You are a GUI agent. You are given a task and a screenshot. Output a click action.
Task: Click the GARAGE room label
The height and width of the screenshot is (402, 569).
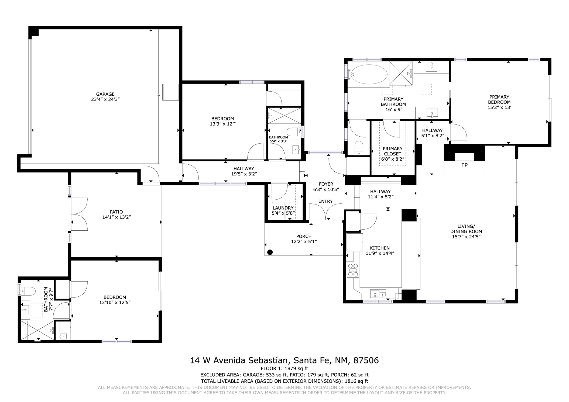pos(105,94)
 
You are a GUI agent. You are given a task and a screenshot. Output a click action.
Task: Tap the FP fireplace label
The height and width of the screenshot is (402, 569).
pos(464,165)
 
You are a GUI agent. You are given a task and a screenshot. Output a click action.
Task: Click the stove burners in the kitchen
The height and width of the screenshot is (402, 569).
pos(353,270)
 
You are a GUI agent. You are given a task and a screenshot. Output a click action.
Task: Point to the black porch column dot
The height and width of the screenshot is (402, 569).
pos(270,252)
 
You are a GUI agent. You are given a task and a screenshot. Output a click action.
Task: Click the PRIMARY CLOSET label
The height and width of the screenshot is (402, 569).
pos(392,151)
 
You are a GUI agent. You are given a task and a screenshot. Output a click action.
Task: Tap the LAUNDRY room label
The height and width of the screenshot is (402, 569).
pos(283,208)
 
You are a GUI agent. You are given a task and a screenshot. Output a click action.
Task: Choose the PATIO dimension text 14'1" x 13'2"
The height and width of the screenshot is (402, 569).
pos(116,217)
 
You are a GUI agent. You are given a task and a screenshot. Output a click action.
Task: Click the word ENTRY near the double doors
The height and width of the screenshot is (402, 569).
pos(325,201)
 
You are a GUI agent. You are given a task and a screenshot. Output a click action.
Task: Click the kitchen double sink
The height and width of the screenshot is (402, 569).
pos(379,293)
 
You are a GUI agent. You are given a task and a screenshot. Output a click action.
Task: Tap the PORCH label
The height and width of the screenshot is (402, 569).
pos(304,236)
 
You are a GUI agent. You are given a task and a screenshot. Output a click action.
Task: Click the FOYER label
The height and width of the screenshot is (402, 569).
pos(326,184)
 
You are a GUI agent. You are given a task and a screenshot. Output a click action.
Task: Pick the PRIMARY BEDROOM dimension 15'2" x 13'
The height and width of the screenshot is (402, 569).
pos(499,107)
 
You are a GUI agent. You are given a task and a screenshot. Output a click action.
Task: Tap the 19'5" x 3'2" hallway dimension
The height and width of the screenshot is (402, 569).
pos(244,174)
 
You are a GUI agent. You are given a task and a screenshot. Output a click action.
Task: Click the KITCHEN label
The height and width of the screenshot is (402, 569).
pos(380,248)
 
